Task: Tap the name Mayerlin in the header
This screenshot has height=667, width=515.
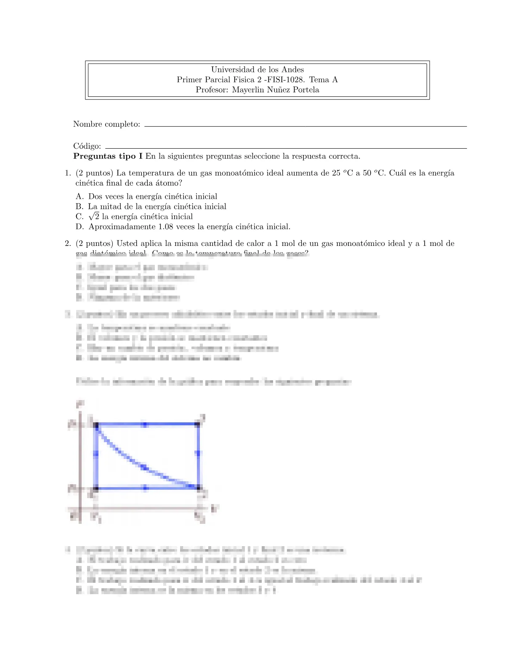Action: (248, 90)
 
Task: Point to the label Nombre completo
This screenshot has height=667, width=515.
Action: (106, 124)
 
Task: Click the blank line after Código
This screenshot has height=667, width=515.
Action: (286, 148)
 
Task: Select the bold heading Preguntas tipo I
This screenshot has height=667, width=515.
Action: (108, 157)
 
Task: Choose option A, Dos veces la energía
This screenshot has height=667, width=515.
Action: (153, 197)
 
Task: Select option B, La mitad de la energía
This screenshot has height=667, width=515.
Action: (157, 207)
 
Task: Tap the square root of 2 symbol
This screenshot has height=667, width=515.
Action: (94, 216)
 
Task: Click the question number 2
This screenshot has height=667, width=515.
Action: (67, 243)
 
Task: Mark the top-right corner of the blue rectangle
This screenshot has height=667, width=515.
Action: (198, 425)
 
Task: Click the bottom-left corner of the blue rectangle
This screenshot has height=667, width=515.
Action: (96, 488)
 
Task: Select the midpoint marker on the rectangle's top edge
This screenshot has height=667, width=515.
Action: (145, 425)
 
